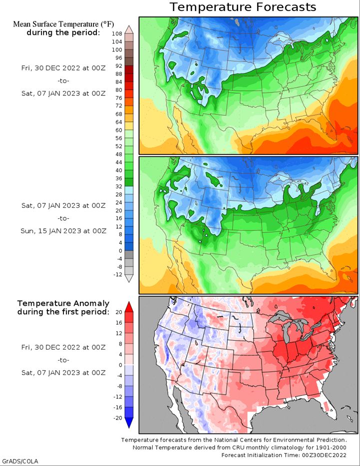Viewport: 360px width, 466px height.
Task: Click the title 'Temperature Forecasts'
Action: click(243, 7)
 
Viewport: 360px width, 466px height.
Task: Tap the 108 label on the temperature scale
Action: click(117, 34)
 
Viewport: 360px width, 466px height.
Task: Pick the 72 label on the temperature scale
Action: click(119, 106)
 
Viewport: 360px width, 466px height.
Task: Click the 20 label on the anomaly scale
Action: click(118, 312)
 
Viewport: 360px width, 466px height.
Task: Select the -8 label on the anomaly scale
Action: click(118, 386)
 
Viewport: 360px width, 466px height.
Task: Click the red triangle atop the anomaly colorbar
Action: click(129, 306)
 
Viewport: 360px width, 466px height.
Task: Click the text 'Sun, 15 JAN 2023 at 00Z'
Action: click(63, 231)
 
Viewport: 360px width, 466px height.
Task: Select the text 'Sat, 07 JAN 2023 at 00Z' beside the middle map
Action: click(63, 205)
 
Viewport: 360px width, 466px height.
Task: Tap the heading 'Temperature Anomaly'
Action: click(56, 303)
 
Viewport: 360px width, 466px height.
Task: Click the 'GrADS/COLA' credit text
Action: click(20, 461)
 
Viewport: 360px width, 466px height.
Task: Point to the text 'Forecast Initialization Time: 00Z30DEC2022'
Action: click(284, 455)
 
